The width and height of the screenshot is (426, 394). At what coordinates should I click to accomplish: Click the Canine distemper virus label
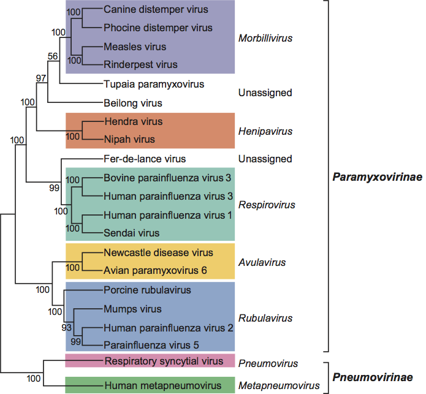click(x=156, y=10)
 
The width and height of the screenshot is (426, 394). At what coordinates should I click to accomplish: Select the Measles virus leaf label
click(x=134, y=47)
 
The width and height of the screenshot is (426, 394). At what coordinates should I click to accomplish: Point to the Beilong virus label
click(x=133, y=103)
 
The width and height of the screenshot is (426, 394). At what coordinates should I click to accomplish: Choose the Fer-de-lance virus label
click(x=145, y=159)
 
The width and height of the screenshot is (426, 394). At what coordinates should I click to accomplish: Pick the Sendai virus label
click(x=131, y=233)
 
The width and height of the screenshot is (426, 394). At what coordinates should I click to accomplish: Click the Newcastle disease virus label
click(x=158, y=252)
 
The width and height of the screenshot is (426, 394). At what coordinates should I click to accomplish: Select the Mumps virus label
click(x=132, y=309)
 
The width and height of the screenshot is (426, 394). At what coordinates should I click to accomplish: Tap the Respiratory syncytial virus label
click(x=164, y=361)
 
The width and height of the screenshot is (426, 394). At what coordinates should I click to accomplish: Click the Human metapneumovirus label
click(x=162, y=385)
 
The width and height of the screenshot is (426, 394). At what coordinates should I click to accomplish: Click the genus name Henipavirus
click(x=264, y=131)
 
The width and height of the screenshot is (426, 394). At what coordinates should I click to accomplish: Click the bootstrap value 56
click(x=53, y=56)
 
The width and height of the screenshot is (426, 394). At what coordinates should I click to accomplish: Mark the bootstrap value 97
click(x=42, y=78)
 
